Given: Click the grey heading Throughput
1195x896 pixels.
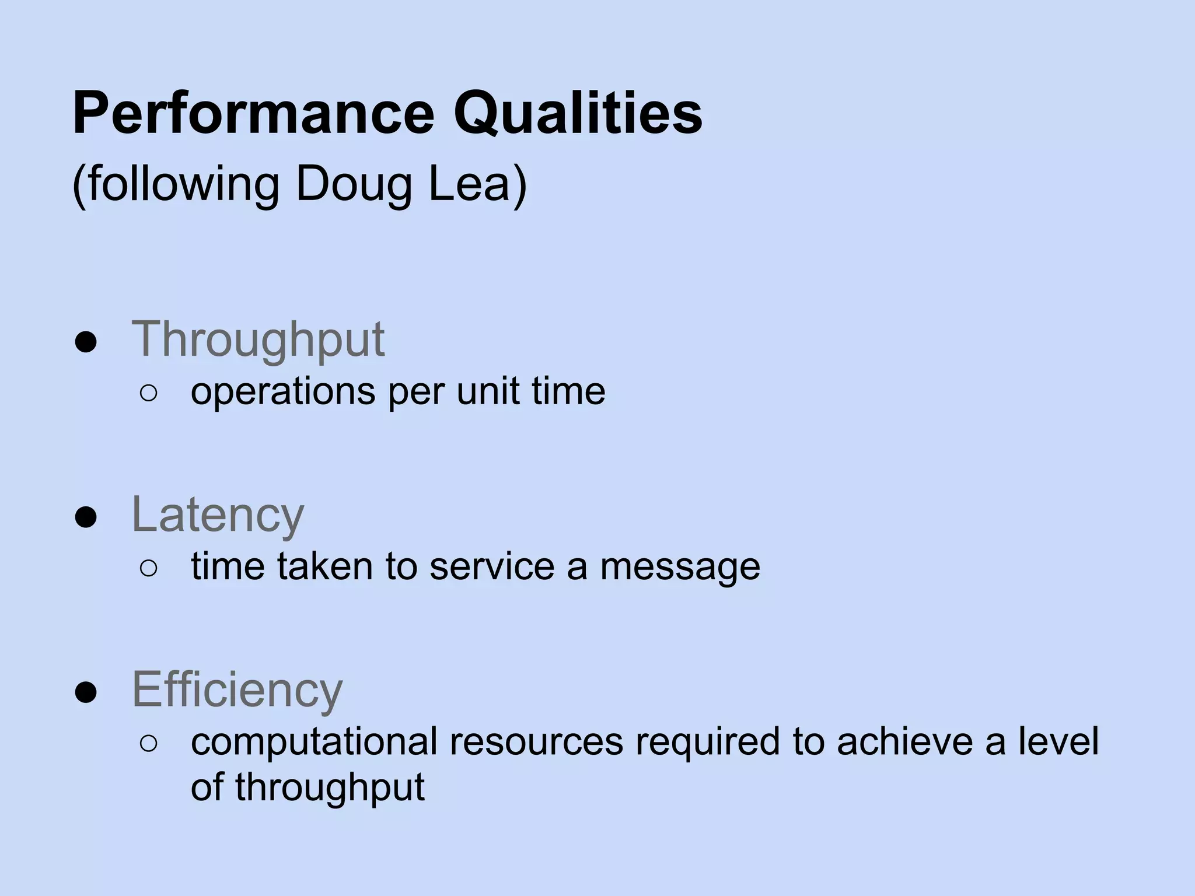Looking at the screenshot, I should click(x=258, y=339).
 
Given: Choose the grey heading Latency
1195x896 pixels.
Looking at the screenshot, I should click(x=218, y=514).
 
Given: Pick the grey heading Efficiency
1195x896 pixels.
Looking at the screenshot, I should click(x=237, y=689).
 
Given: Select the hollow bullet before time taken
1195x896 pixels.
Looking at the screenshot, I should click(x=149, y=568).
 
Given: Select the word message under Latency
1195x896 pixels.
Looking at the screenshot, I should click(x=680, y=567).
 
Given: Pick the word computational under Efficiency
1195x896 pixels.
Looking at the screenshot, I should click(x=314, y=742).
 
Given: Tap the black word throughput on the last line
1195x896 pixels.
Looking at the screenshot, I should click(x=330, y=787).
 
